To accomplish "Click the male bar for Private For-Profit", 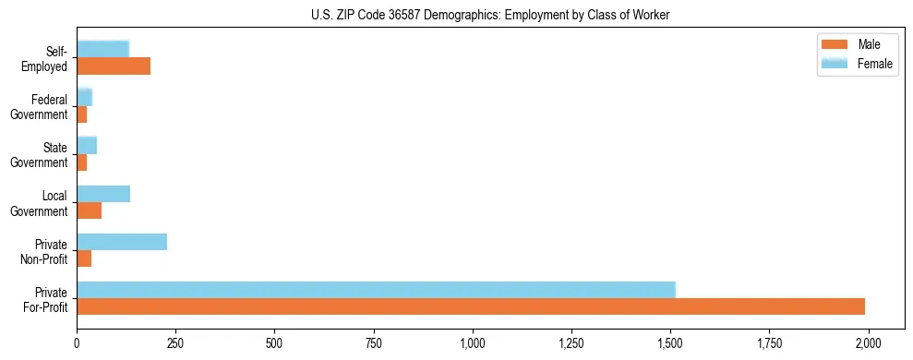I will click(x=471, y=306).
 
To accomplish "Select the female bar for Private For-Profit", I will click(x=376, y=290).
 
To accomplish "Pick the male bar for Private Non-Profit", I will click(x=84, y=258).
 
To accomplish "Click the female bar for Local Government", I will click(x=103, y=194).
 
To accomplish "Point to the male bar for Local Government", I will click(x=89, y=210).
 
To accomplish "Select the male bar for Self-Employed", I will click(x=114, y=66).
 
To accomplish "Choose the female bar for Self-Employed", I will click(x=102, y=49).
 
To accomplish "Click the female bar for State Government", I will click(x=87, y=145).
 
